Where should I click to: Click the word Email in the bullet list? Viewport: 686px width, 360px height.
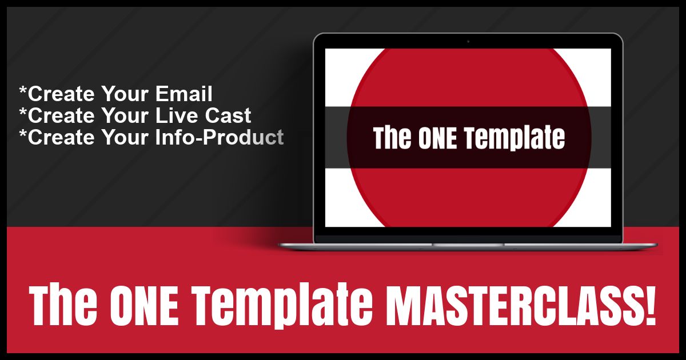(x=184, y=93)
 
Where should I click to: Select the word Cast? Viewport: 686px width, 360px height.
(x=228, y=115)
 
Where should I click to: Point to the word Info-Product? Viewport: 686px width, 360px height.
(x=220, y=137)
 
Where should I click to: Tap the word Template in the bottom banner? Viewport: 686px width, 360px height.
(x=282, y=306)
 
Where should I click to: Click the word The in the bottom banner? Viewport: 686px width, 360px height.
(x=63, y=305)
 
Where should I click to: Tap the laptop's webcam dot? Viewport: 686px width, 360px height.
(x=468, y=41)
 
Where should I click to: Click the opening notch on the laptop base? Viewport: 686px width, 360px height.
(x=468, y=245)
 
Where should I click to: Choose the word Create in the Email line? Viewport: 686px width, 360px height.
(x=61, y=93)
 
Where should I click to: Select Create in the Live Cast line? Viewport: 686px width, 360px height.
(x=61, y=115)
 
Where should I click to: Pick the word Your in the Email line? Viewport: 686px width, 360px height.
(x=125, y=93)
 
